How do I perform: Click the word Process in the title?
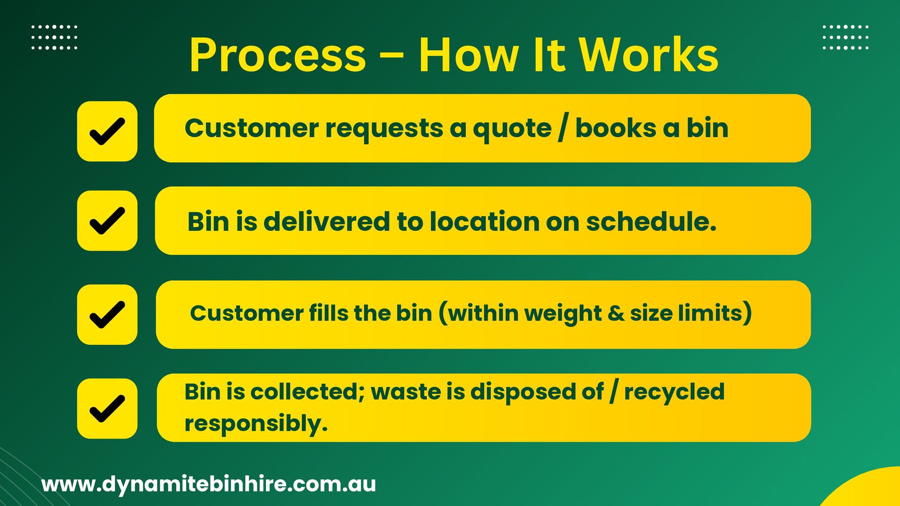point(277,55)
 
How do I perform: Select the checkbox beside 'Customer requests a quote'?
point(107,131)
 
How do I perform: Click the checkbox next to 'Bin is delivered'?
point(107,221)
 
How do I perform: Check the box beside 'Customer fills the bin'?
point(107,314)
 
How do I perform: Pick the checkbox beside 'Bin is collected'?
point(107,409)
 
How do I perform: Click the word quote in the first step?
point(512,129)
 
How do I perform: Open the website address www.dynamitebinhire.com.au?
point(209,484)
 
